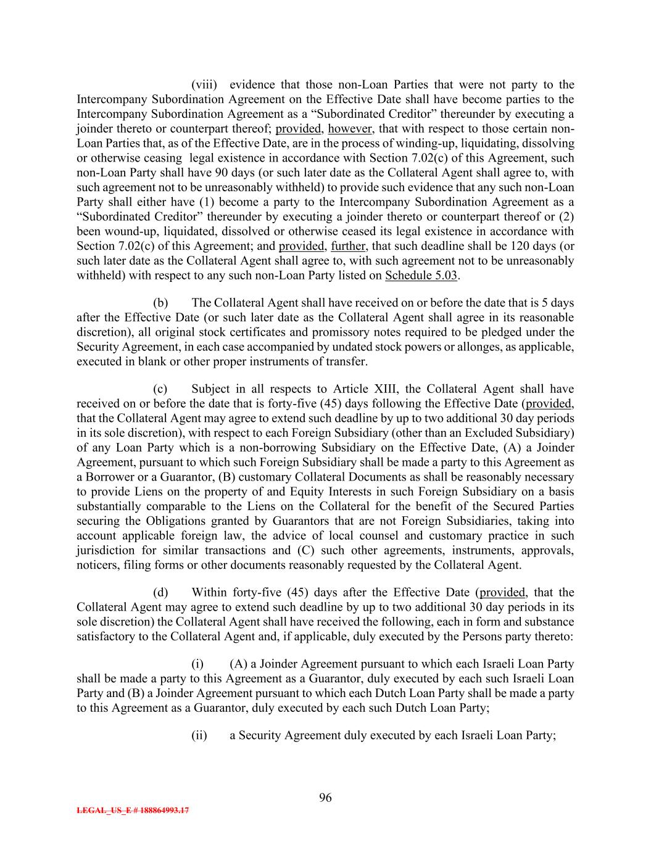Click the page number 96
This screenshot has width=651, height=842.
325,798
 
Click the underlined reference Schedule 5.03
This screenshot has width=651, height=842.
421,275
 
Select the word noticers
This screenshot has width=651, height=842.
97,564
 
